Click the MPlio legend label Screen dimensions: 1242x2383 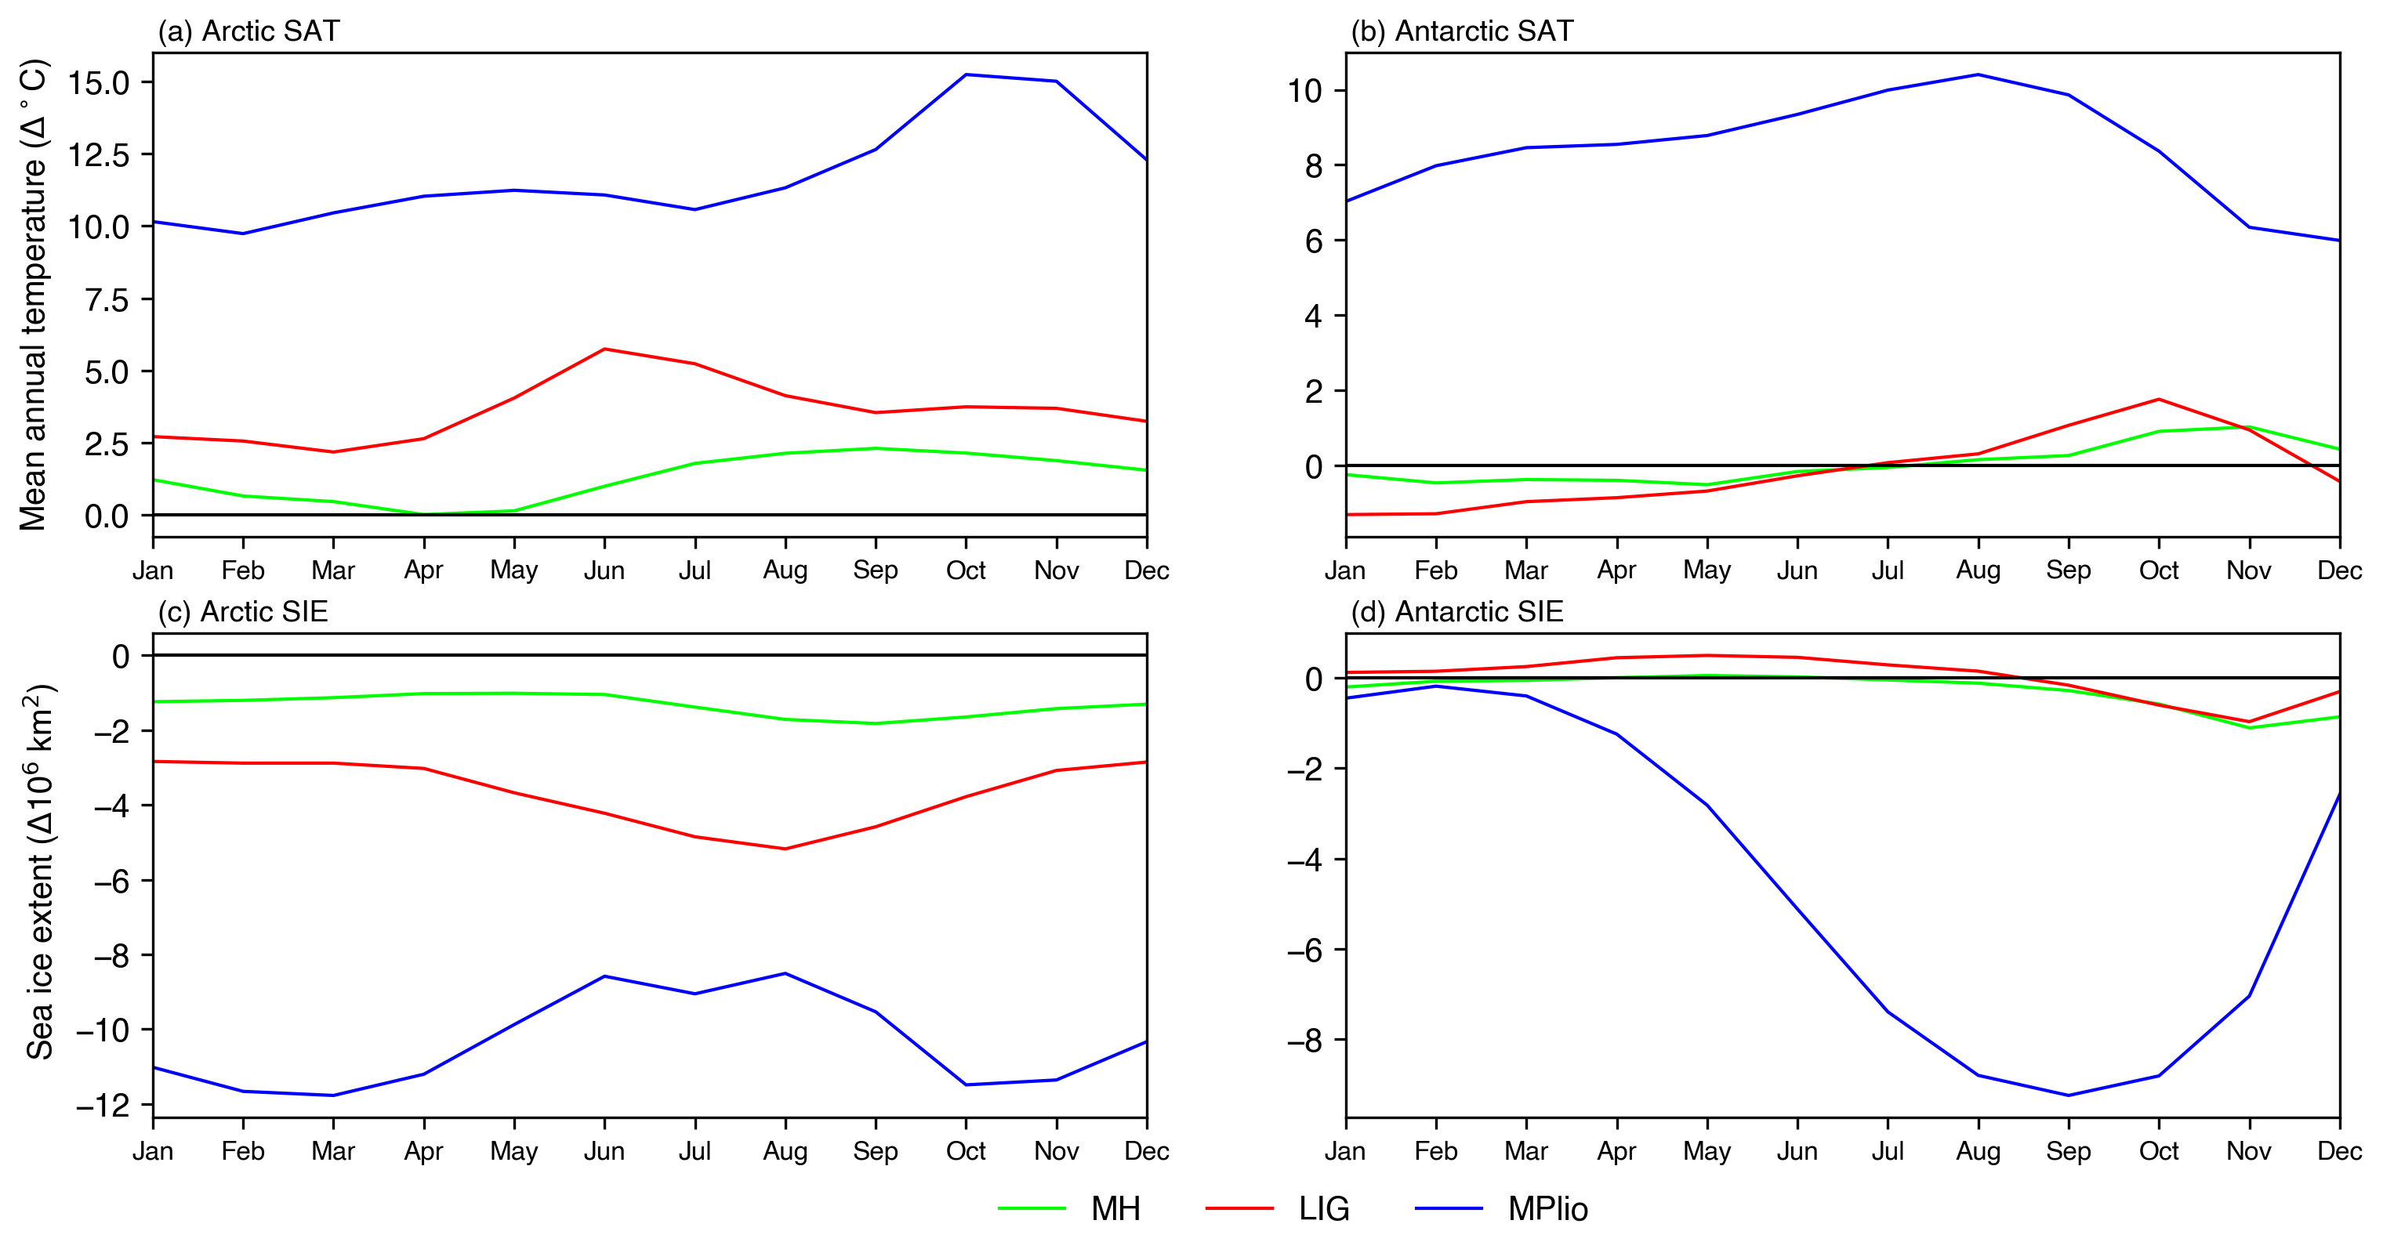point(1547,1209)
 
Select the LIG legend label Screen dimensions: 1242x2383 point(1324,1209)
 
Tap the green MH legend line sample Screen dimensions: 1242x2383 point(1032,1208)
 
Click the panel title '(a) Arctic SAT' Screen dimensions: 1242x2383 point(248,31)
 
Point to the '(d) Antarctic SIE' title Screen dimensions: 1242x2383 point(1456,612)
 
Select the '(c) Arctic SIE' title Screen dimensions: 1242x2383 point(242,612)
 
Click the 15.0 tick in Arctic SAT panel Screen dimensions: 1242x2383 point(98,82)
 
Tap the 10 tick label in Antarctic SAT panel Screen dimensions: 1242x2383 point(1304,91)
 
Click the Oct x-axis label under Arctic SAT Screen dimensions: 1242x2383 point(966,570)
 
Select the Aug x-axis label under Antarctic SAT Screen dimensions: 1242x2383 point(1978,570)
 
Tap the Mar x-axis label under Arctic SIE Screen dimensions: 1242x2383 point(333,1151)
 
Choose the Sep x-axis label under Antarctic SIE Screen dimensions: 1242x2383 point(2069,1151)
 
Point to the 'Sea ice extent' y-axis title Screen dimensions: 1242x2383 point(39,871)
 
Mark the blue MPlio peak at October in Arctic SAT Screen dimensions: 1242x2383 point(966,75)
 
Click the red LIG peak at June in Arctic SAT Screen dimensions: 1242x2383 point(604,349)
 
